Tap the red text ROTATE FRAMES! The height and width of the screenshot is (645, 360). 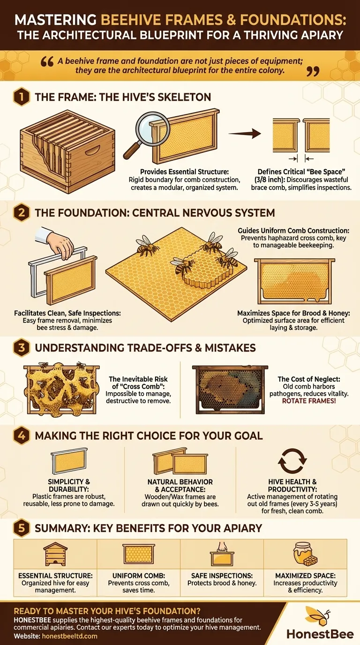coord(303,401)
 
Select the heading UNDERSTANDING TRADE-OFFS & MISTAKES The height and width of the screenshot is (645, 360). coord(145,348)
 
